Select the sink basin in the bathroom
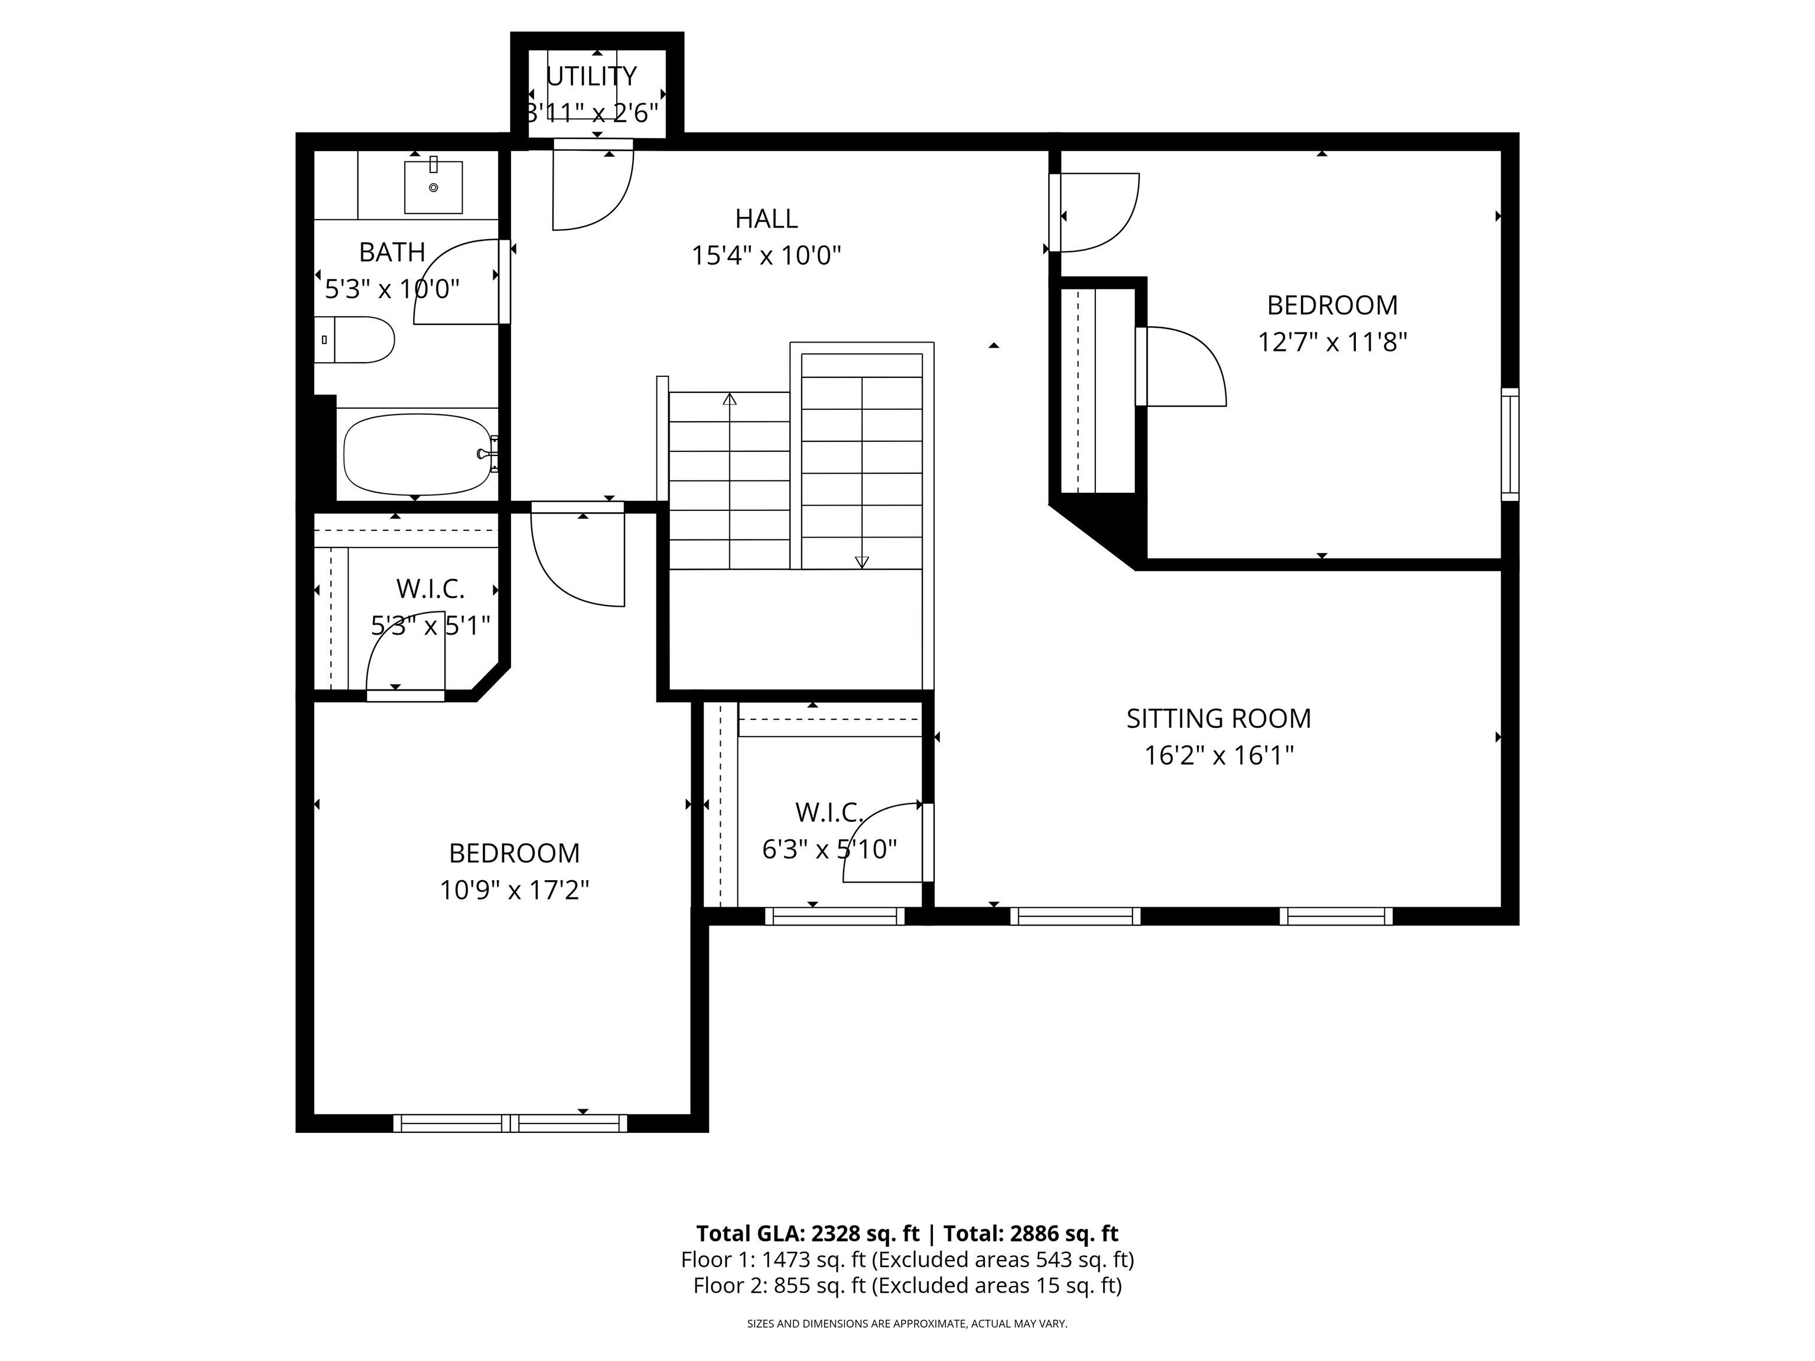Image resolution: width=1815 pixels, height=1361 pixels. point(433,188)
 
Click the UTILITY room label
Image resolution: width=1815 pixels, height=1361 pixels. point(591,76)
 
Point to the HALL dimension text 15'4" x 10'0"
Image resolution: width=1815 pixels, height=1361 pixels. point(766,256)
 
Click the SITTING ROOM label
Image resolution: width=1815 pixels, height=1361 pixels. point(1218,719)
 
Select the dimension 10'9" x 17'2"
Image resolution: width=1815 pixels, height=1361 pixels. point(515,890)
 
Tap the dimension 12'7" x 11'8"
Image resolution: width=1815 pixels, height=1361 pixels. point(1332,342)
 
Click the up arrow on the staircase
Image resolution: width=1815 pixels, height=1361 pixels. point(730,399)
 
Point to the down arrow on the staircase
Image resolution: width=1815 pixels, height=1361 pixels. point(861,561)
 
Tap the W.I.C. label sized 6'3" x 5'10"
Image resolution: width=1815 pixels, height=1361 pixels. point(829,813)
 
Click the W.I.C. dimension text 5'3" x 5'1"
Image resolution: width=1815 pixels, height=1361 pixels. point(430,626)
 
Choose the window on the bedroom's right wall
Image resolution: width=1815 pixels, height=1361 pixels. point(1510,444)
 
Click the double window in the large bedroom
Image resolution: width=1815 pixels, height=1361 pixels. point(510,1123)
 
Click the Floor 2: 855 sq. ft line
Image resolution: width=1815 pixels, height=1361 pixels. point(907,1285)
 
